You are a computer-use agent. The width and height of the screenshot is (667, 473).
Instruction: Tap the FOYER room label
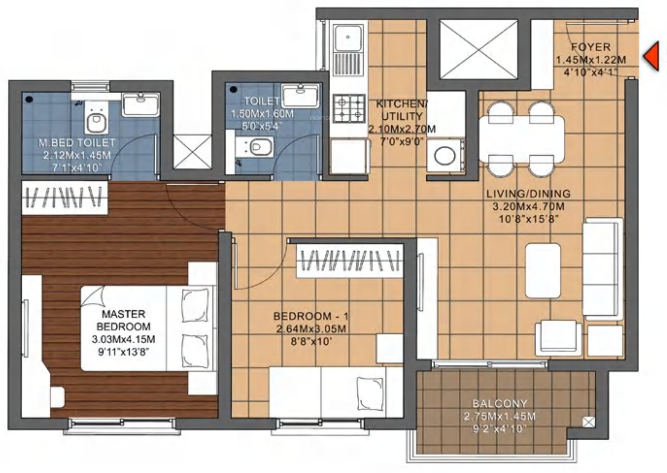tap(590, 47)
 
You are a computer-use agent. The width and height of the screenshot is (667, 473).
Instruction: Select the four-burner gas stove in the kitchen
tap(349, 108)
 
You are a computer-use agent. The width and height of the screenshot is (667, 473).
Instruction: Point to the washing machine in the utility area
tap(445, 155)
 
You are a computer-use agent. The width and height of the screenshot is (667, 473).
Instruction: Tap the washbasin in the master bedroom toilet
tap(141, 104)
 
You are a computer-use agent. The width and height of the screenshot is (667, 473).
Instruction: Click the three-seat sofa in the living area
tap(602, 269)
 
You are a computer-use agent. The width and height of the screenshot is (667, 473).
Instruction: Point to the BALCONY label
tap(500, 404)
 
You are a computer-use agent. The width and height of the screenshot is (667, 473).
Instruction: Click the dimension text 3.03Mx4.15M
tap(123, 339)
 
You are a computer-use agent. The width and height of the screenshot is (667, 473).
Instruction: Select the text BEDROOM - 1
tap(311, 316)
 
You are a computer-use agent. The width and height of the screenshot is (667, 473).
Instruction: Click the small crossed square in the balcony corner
tap(588, 422)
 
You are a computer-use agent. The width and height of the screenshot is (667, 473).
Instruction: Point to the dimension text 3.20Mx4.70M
tap(529, 207)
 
